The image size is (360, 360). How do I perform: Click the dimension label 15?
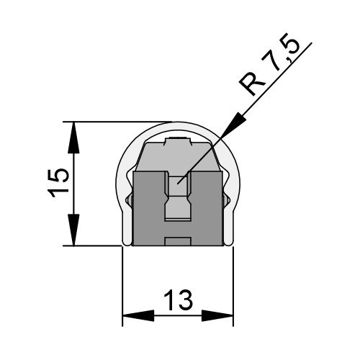coord(58,183)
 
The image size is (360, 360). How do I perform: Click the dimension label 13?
coord(178,300)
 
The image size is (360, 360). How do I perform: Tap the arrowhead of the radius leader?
coord(235,125)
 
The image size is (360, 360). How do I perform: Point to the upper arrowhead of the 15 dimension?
coord(73,138)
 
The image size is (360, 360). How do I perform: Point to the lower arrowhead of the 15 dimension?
coord(73,230)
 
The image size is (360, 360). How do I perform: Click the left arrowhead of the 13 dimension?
coord(138,315)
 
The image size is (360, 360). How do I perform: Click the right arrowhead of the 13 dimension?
coord(217,315)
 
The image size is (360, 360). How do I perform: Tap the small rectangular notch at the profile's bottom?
coord(178,241)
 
